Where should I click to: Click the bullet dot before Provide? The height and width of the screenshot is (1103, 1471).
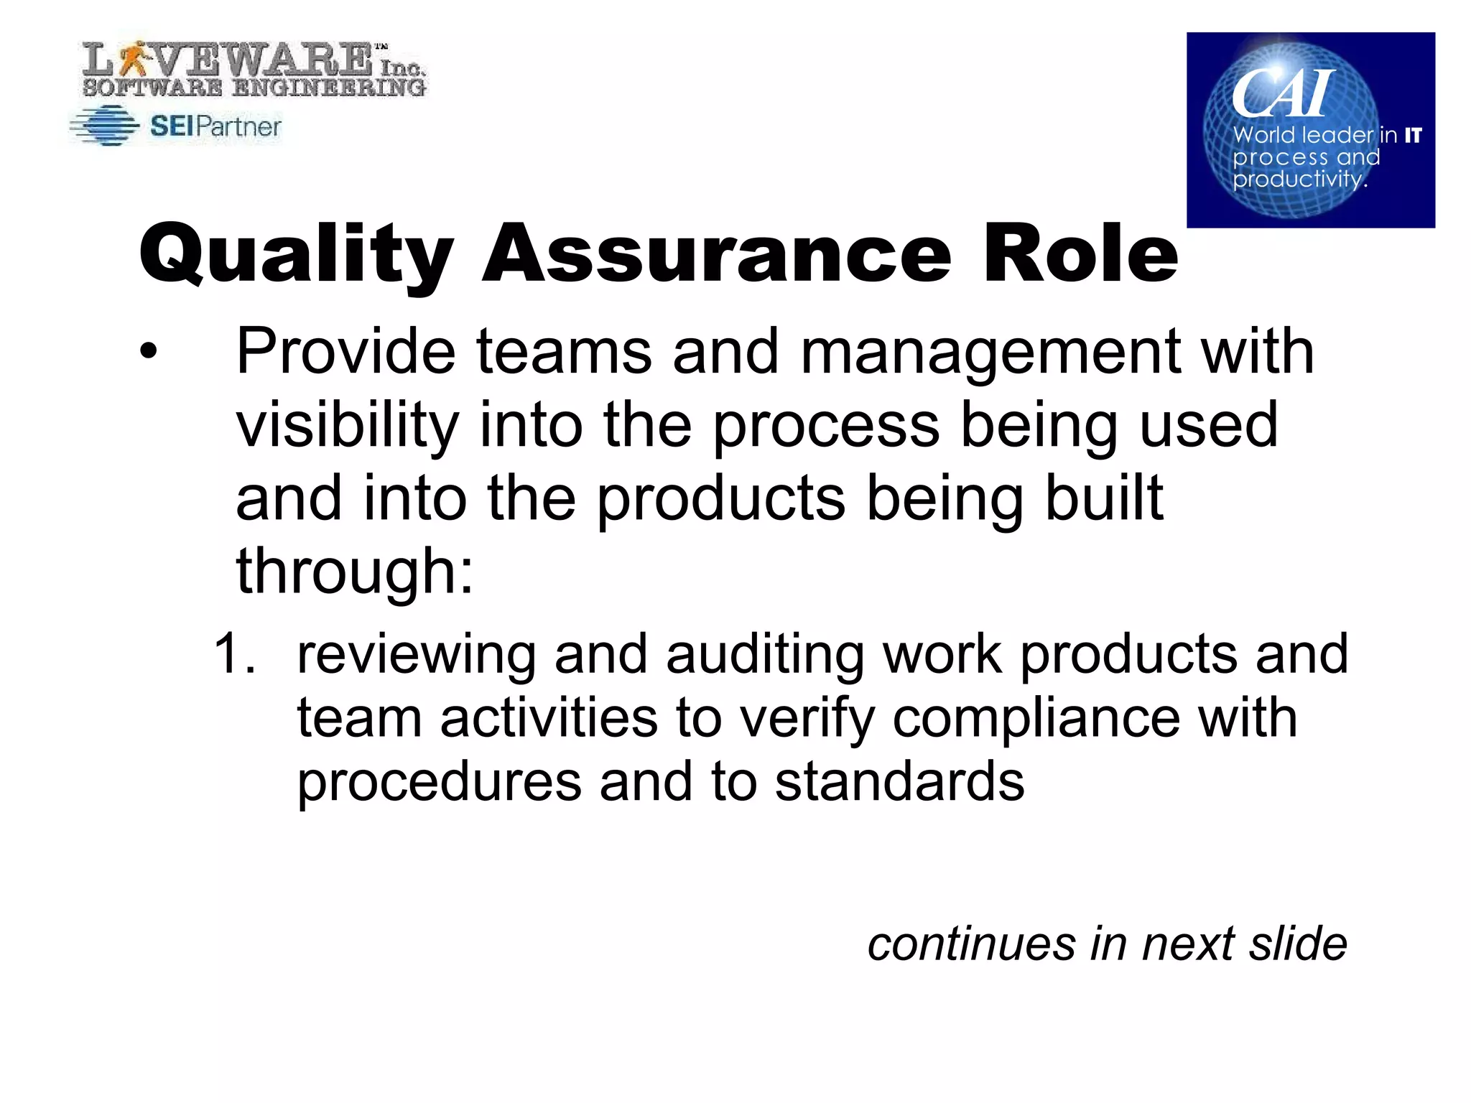click(x=148, y=352)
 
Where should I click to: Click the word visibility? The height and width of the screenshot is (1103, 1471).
click(x=347, y=426)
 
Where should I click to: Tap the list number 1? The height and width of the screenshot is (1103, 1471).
click(x=234, y=653)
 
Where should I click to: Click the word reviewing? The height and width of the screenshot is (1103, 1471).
click(x=417, y=656)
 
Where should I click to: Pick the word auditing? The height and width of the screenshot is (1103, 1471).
click(x=764, y=656)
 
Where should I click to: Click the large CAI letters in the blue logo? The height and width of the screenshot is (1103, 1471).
click(x=1282, y=93)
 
